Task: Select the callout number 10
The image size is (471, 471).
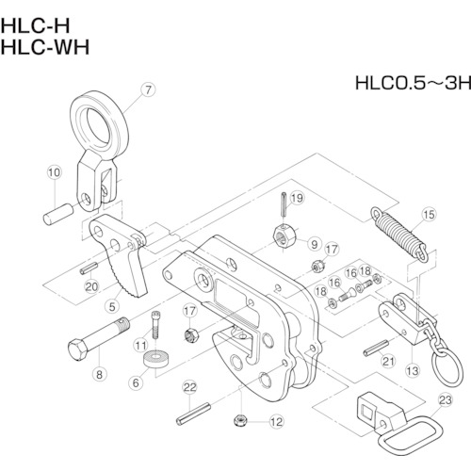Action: point(54,172)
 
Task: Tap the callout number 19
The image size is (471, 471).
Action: point(295,198)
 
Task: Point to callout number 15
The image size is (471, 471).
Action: point(427,215)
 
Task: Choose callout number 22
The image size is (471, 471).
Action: point(188,387)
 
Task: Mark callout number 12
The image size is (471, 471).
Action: point(276,422)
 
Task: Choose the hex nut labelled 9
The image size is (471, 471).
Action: point(286,235)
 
